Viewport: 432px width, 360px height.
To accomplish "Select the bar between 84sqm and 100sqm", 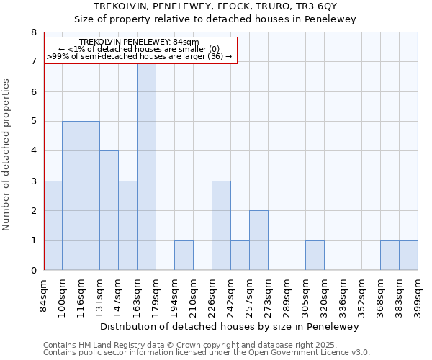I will point(53,225).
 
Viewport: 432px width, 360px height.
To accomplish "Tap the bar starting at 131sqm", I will point(109,210).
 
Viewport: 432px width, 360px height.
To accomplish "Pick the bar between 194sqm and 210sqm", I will point(184,255).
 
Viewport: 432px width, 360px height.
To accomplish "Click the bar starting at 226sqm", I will point(221,225).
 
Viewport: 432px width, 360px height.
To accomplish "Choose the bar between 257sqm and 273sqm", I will point(258,240).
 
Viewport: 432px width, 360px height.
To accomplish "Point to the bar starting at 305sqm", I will point(315,255).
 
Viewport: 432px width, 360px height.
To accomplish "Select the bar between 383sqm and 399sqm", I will point(408,255).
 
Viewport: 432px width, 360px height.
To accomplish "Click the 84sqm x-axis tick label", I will point(44,295).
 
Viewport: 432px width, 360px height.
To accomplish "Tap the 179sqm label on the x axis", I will point(156,295).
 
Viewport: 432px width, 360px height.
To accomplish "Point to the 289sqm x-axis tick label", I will point(287,295).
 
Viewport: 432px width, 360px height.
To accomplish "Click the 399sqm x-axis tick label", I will point(418,295).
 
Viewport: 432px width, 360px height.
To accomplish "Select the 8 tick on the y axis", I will point(33,32).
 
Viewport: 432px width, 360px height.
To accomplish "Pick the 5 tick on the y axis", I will point(33,122).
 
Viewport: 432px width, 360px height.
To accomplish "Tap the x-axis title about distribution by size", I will point(230,326).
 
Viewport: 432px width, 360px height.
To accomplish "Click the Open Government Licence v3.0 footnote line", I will point(207,353).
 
